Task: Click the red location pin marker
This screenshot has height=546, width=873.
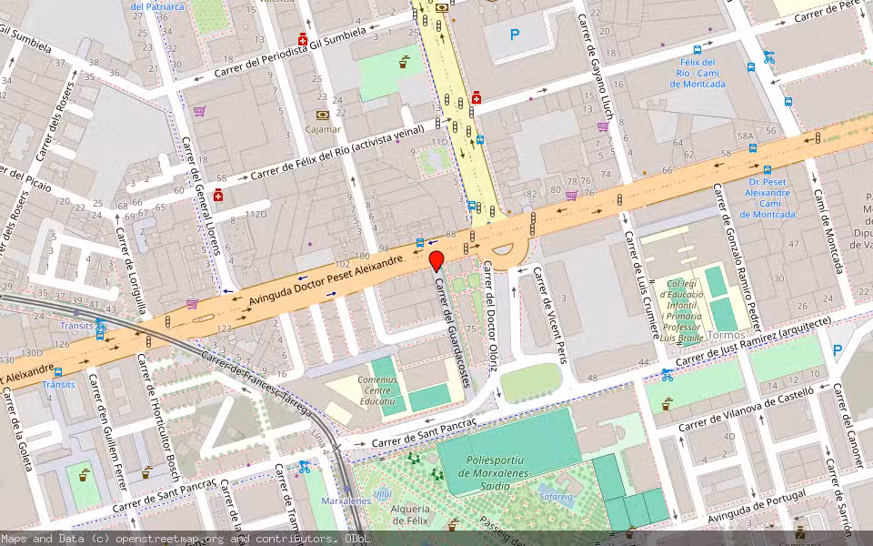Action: pyautogui.click(x=436, y=260)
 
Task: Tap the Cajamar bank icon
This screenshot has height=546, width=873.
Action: pyautogui.click(x=323, y=116)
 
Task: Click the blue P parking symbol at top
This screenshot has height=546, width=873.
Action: pyautogui.click(x=515, y=35)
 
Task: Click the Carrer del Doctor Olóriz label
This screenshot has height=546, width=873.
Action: pyautogui.click(x=491, y=316)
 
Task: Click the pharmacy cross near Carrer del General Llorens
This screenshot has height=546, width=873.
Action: pyautogui.click(x=218, y=196)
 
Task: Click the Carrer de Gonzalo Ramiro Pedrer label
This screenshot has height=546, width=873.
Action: pyautogui.click(x=738, y=257)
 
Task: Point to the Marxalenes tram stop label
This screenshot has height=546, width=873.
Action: pyautogui.click(x=346, y=501)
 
